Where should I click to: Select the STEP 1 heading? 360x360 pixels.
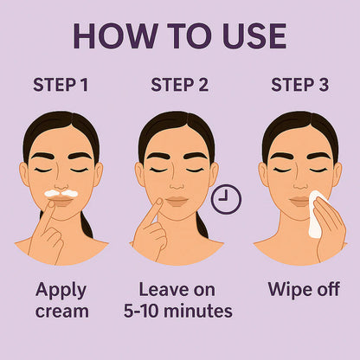pos(61,85)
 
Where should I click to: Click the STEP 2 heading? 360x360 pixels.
pos(179,85)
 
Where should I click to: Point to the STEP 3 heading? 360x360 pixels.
pos(299,85)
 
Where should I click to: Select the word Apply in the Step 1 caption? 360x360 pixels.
pos(61,289)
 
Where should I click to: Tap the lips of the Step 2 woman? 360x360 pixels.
pos(177,201)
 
